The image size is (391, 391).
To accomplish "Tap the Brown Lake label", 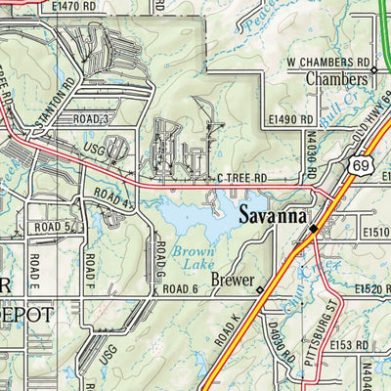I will coord(193,258).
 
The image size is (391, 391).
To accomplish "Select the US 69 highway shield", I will coord(351,170).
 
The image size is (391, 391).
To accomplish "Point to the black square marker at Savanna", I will coord(313,228).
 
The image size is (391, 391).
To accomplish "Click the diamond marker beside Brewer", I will coord(258,290).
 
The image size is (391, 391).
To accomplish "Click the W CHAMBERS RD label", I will coord(326,62).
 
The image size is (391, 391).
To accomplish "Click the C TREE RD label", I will coord(242,179).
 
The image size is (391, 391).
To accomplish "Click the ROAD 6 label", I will coord(181,290).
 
